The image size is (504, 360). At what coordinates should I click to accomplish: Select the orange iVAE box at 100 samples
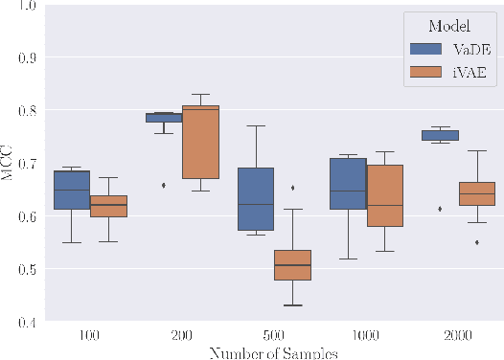[108, 206]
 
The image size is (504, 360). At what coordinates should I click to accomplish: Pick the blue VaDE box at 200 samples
[164, 118]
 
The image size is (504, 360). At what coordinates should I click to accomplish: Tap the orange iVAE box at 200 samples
[200, 142]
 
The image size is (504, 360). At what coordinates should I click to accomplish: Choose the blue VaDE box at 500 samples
[256, 199]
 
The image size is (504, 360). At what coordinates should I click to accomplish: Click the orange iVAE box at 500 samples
[292, 265]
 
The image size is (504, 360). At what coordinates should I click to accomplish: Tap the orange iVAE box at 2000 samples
[476, 194]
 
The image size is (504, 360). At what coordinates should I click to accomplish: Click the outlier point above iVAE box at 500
[292, 188]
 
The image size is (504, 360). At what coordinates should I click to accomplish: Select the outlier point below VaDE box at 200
[164, 185]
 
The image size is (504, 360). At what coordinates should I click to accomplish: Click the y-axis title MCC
[8, 164]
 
